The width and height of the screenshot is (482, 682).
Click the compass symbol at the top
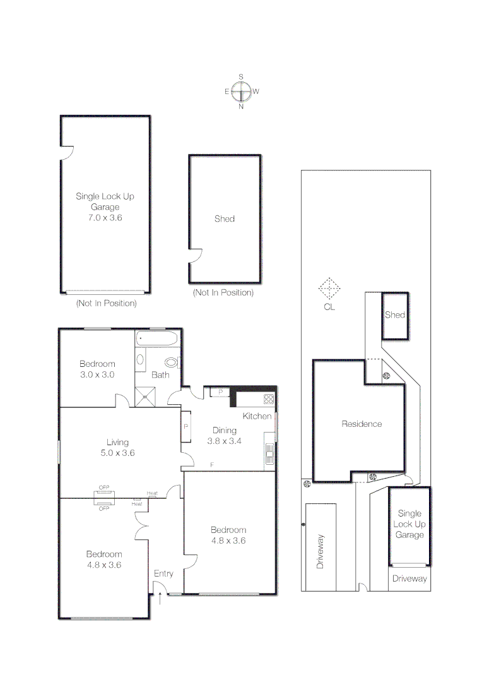click(x=241, y=92)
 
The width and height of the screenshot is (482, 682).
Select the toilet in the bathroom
click(x=171, y=362)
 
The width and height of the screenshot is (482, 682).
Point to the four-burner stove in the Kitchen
click(x=268, y=398)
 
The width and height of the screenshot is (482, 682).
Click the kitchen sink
click(x=269, y=453)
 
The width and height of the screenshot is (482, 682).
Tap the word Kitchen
click(x=257, y=416)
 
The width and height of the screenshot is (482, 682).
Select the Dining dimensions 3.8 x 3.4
click(x=225, y=441)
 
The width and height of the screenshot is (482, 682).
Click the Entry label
click(x=163, y=573)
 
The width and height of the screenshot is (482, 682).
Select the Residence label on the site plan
click(x=361, y=424)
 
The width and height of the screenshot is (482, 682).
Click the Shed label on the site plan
click(x=395, y=314)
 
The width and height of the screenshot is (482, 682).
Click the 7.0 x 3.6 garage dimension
click(x=105, y=217)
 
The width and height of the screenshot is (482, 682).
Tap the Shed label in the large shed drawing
click(x=225, y=218)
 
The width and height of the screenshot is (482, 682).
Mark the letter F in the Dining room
click(x=212, y=464)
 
